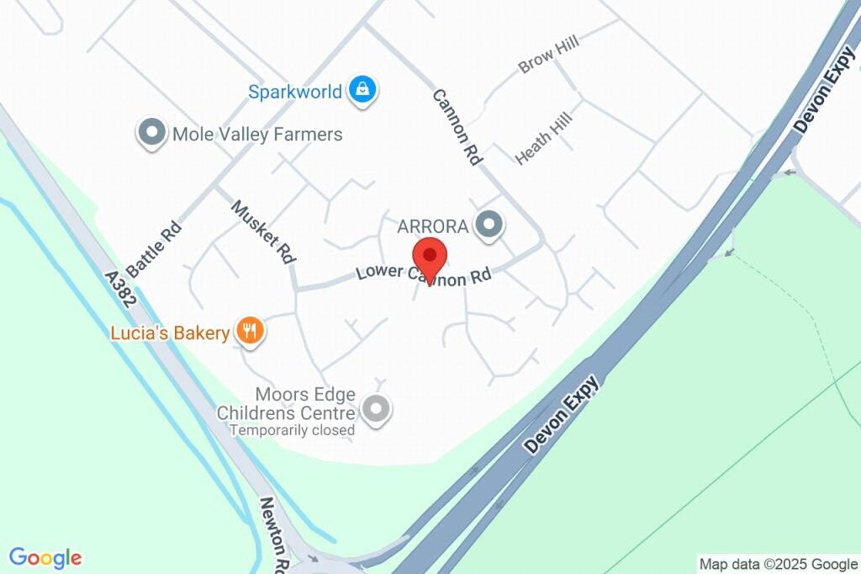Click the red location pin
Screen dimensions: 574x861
click(x=430, y=257)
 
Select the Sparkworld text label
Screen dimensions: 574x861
click(x=294, y=91)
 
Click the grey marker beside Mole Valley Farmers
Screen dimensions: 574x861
click(x=152, y=132)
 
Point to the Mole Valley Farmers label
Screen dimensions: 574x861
click(x=256, y=135)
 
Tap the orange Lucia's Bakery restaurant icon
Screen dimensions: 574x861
click(x=249, y=331)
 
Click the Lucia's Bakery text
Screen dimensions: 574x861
click(x=170, y=333)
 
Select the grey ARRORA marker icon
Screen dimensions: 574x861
click(x=489, y=224)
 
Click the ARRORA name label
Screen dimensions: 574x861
click(x=431, y=226)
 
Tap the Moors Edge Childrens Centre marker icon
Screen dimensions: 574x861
click(x=376, y=410)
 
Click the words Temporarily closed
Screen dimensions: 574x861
click(x=293, y=430)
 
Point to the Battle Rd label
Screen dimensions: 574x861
click(x=155, y=249)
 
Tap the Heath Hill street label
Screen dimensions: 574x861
click(x=544, y=137)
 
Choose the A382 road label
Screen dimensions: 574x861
click(x=122, y=291)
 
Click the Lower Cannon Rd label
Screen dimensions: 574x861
click(x=423, y=274)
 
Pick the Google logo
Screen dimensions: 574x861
click(x=45, y=557)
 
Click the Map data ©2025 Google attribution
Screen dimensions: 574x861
click(x=778, y=564)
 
